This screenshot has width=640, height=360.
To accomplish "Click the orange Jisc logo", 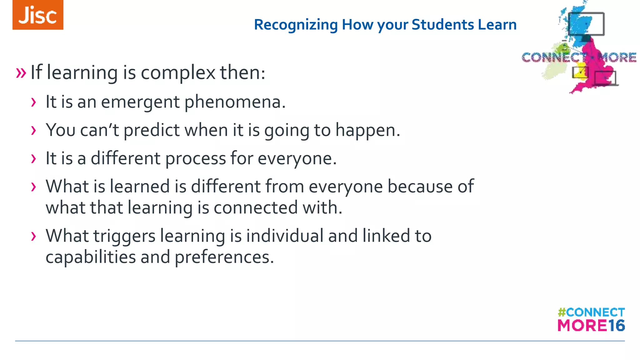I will pos(38,15).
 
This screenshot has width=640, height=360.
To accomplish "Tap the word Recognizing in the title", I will pos(296,25).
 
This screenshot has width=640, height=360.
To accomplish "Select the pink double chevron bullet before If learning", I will pos(21,73).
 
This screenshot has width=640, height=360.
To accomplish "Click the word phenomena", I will pos(235,102).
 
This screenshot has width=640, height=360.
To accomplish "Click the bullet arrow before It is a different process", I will pos(33,158).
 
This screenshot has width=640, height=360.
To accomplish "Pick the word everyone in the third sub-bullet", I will pos(297,159).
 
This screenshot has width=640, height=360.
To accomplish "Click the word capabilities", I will pos(90,257).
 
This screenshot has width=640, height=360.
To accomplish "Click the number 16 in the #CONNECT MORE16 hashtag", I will pos(616,326).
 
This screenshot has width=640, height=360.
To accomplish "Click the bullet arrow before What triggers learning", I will pos(33,236).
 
